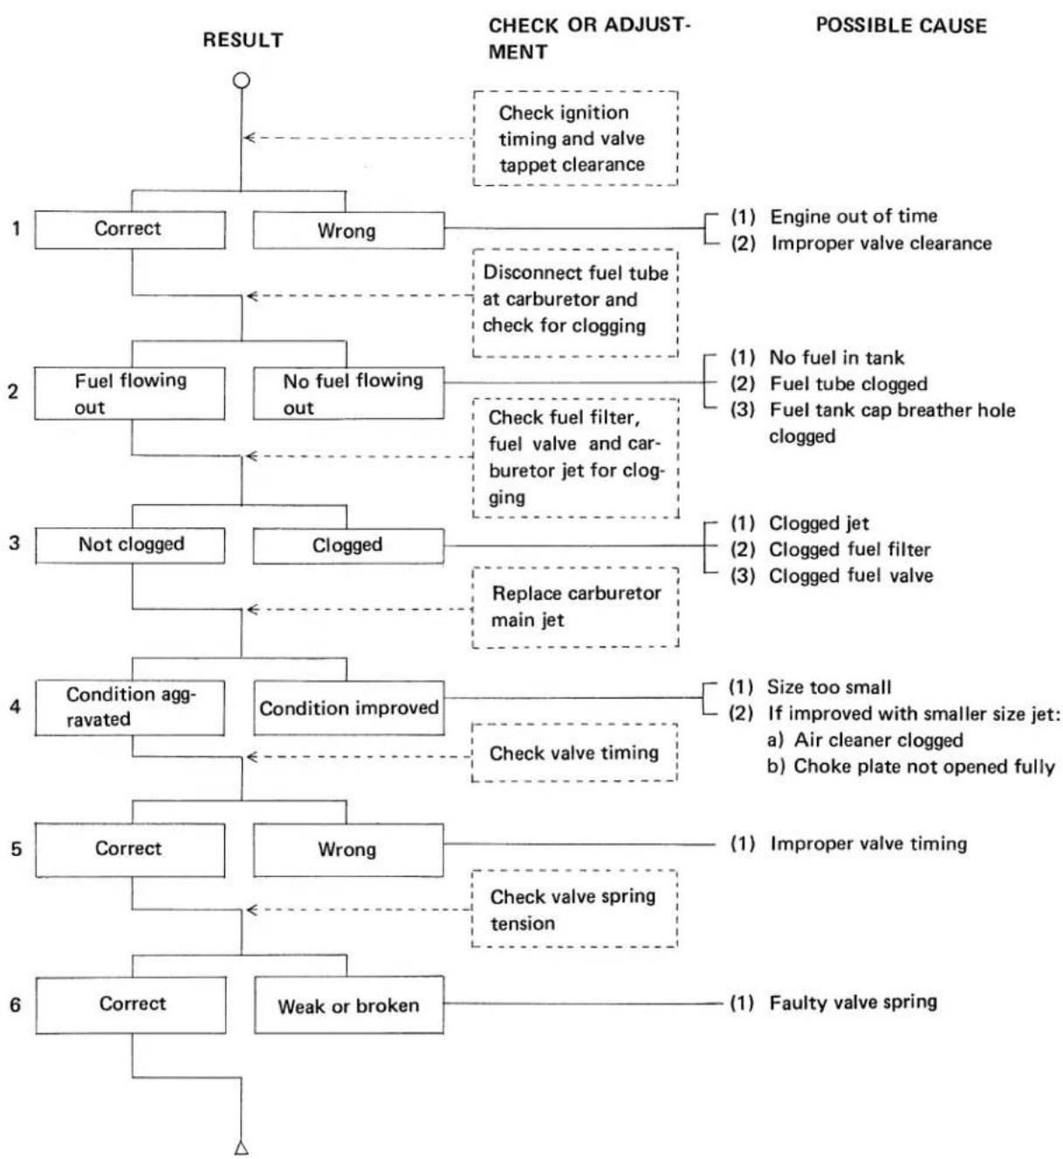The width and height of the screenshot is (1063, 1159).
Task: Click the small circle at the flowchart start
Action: pos(242,80)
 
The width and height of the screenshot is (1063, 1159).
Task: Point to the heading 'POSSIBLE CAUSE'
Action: pos(902,26)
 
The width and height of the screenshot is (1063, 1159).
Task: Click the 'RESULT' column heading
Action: pos(243,40)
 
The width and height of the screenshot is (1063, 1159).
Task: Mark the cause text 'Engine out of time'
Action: pos(854,216)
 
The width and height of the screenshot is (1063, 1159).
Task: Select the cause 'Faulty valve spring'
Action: pos(854,1003)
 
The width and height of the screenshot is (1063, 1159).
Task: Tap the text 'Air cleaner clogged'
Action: pos(879,740)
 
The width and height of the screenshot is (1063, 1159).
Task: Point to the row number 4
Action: pos(15,707)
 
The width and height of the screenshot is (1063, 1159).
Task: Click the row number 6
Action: pos(16,1005)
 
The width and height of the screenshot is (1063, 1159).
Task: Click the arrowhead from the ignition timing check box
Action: pos(249,138)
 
